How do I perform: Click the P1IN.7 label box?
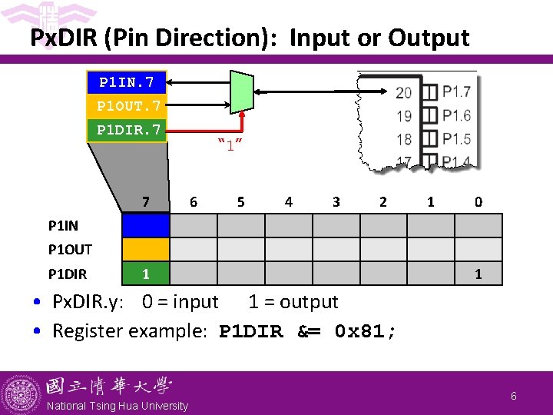point(128,81)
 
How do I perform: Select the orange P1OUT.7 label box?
point(128,105)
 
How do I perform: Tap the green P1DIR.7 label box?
point(128,130)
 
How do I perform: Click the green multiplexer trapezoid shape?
point(242,92)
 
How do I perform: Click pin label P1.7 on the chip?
point(456,93)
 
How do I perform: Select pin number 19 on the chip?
point(403,116)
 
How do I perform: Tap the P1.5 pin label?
point(456,139)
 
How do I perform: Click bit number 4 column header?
point(288,202)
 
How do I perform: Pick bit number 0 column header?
point(478,202)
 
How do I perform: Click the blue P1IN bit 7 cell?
point(145,225)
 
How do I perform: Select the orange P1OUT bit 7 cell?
point(145,249)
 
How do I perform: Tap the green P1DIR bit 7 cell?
point(145,273)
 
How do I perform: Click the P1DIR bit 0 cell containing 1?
point(478,273)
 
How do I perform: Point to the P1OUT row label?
point(70,250)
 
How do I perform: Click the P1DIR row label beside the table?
point(68,274)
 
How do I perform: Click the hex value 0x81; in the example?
point(366,332)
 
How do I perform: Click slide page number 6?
point(513,394)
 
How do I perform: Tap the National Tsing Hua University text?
point(118,406)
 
